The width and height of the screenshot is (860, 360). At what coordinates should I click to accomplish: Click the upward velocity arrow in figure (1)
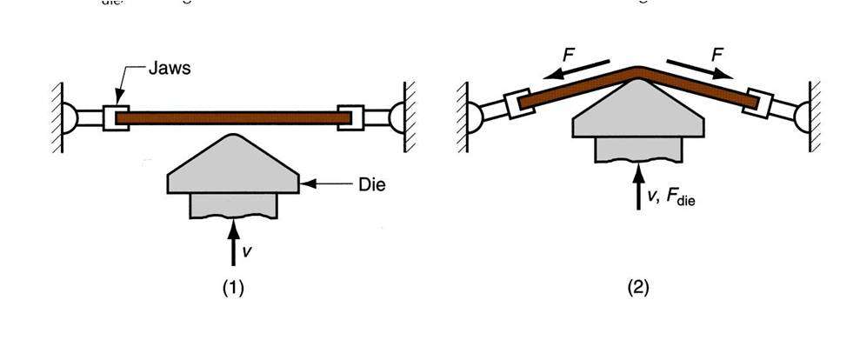coord(232,243)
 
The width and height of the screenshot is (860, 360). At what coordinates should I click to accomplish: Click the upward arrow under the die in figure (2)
coord(638,187)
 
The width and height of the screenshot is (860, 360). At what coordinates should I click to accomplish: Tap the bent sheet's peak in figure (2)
coord(638,69)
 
